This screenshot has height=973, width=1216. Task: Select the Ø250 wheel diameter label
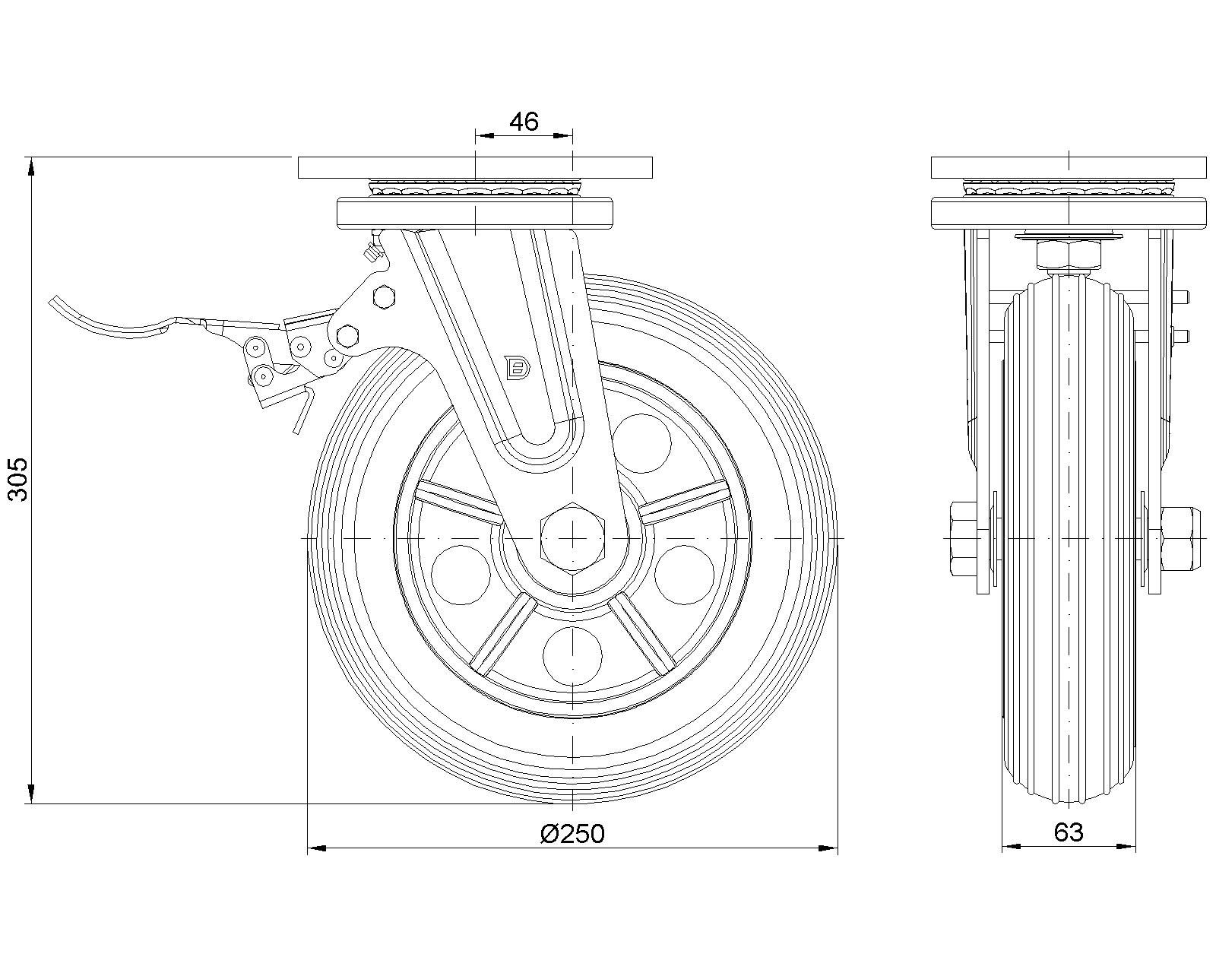click(572, 834)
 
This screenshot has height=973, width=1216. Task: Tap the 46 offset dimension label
click(524, 122)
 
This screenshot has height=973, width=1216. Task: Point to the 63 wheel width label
click(1069, 832)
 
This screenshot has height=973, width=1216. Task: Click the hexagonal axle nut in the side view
click(572, 537)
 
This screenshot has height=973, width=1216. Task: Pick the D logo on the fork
click(517, 367)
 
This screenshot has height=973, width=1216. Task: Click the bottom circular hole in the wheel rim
click(572, 656)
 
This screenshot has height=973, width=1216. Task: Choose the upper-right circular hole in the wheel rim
click(642, 443)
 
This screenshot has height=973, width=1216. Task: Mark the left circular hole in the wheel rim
click(461, 575)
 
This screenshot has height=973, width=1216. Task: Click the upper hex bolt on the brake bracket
click(385, 297)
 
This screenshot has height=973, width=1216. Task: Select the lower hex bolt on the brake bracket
click(347, 337)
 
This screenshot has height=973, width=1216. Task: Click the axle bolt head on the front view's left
click(964, 538)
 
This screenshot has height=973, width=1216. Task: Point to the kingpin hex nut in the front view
click(1069, 255)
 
